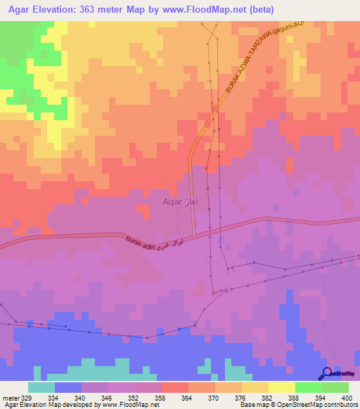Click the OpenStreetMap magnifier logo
pos(327,373)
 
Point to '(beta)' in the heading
pos(259,10)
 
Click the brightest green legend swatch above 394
pos(309,387)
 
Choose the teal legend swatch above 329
pos(41,387)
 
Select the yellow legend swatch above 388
pos(282,387)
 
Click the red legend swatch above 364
pos(175,387)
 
